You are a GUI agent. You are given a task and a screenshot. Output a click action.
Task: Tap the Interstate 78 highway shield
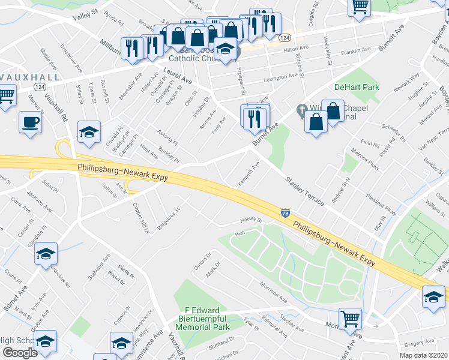(285, 213)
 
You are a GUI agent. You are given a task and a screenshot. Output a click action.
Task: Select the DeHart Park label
(357, 87)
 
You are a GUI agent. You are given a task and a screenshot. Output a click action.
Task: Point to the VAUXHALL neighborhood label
(30, 78)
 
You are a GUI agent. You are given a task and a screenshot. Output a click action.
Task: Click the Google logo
(20, 353)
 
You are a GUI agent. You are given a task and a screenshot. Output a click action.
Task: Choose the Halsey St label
(252, 220)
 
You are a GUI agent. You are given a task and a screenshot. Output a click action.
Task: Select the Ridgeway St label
(168, 220)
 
